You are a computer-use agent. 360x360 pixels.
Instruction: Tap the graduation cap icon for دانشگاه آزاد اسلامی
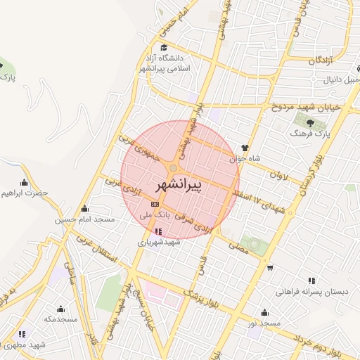click(164, 47)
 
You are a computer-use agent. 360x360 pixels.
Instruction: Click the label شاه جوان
click(240, 158)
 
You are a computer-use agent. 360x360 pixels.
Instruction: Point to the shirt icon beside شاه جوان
click(245, 148)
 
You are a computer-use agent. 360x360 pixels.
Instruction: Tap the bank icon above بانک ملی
click(155, 204)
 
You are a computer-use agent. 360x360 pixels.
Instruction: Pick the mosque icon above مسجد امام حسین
click(85, 209)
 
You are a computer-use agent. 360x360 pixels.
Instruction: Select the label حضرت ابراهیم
click(24, 192)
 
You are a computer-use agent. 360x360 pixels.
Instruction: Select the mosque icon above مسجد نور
click(264, 312)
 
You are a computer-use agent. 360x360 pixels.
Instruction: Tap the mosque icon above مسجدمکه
click(60, 308)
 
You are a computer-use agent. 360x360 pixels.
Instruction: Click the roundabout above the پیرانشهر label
click(173, 167)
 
